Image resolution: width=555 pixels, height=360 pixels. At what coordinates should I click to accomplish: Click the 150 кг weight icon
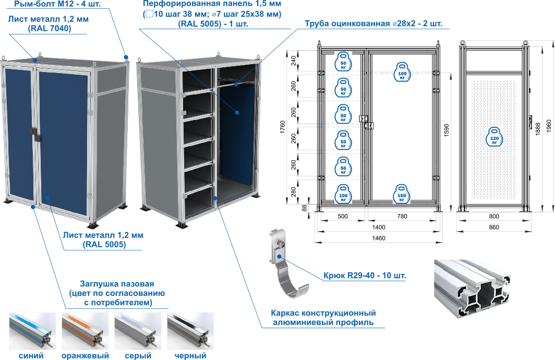click(x=402, y=194)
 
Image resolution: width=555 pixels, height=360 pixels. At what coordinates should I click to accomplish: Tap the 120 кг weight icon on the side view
click(x=494, y=137)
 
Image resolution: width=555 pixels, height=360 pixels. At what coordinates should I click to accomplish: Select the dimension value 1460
click(x=378, y=238)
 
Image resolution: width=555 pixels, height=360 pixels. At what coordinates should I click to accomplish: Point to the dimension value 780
click(x=402, y=217)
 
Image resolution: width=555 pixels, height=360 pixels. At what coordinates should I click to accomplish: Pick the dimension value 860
click(x=494, y=227)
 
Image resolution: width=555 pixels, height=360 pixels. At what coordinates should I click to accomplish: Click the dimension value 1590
click(x=446, y=130)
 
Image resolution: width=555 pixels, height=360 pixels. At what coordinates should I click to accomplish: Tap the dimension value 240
click(x=294, y=61)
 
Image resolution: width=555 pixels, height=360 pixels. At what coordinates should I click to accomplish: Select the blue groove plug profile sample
click(x=32, y=331)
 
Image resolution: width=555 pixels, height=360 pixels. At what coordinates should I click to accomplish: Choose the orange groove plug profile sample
click(x=85, y=331)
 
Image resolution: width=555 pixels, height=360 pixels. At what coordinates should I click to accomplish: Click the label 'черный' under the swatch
click(x=190, y=355)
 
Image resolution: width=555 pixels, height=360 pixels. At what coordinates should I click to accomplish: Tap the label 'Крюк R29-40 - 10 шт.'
click(x=365, y=275)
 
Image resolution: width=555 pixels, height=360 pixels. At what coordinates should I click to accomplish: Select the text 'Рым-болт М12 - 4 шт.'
click(x=57, y=4)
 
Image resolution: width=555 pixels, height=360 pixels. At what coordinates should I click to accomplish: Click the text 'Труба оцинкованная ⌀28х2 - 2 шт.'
click(x=374, y=23)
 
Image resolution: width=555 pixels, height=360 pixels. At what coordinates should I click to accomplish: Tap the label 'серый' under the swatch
click(x=138, y=355)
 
